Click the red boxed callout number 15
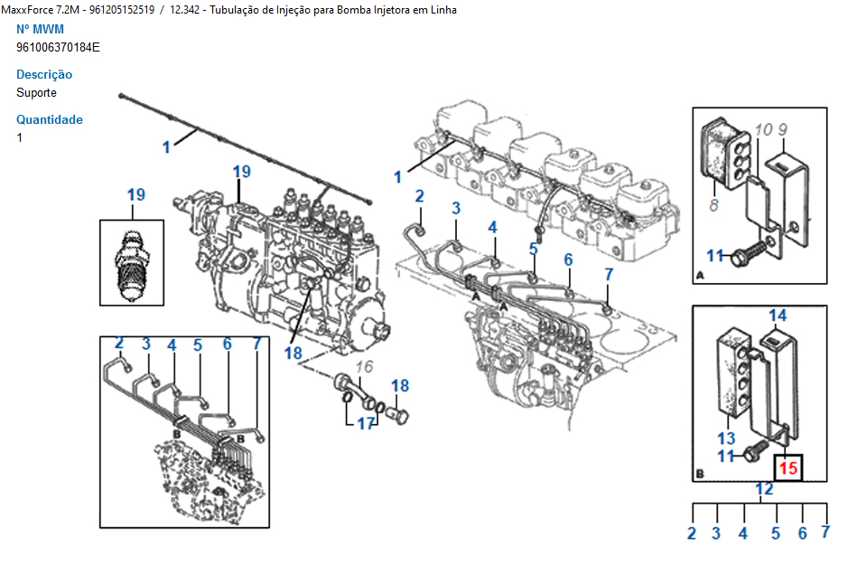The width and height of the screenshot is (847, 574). (x=788, y=468)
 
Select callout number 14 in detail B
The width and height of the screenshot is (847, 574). (x=777, y=315)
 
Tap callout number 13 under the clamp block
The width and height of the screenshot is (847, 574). (x=727, y=438)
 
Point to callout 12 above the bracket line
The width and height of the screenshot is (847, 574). (x=764, y=489)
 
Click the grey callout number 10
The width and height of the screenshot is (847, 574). (x=763, y=130)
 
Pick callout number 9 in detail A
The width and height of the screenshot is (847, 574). (x=783, y=129)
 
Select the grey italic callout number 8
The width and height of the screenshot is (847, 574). (x=713, y=206)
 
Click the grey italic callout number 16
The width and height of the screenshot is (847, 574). (x=364, y=366)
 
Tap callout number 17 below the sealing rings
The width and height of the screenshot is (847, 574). (x=365, y=422)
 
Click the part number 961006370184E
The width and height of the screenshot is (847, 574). (x=58, y=47)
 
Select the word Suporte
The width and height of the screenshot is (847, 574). (x=36, y=92)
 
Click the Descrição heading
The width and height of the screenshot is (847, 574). (x=44, y=74)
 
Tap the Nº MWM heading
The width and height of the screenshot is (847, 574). (x=41, y=29)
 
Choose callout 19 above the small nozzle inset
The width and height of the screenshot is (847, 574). (x=135, y=194)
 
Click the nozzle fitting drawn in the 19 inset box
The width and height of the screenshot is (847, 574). (x=132, y=261)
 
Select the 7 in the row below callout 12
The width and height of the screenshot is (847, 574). (x=825, y=532)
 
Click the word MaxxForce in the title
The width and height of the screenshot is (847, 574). (x=29, y=10)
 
